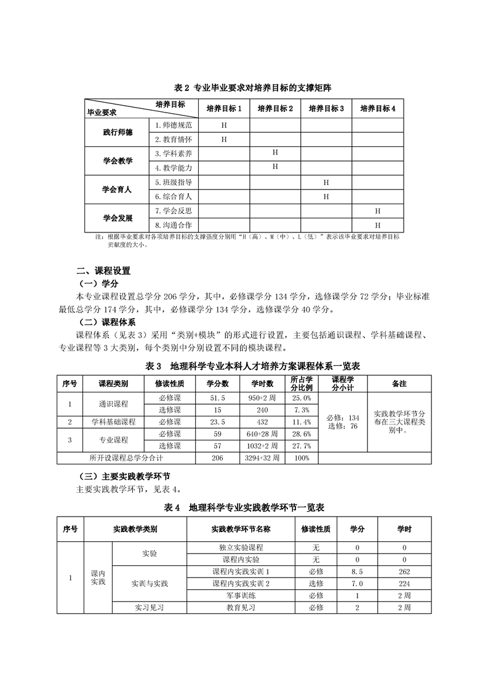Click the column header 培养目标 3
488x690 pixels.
tap(326, 108)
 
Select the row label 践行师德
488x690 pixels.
tap(118, 132)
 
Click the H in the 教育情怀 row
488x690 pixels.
tap(224, 140)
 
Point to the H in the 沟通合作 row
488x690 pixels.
tap(378, 225)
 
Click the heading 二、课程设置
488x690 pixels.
tap(103, 271)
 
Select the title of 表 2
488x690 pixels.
tap(244, 88)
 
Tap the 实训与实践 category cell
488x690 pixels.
tap(150, 583)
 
